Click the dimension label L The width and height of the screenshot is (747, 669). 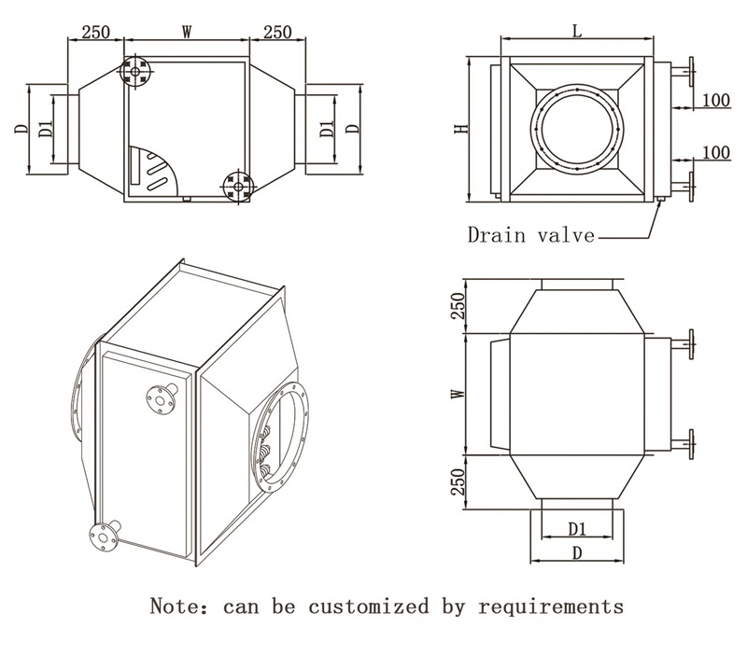tap(577, 30)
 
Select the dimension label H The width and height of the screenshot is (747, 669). tap(459, 129)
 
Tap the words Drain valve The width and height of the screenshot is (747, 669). tap(530, 234)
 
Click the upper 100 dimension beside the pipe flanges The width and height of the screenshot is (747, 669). tap(716, 100)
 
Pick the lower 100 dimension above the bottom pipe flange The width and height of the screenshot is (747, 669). tap(716, 151)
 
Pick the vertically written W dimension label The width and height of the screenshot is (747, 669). tap(458, 394)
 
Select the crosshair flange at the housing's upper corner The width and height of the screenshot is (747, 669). tap(136, 71)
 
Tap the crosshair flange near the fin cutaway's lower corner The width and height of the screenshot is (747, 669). tap(239, 188)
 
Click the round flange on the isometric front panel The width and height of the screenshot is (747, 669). tap(161, 400)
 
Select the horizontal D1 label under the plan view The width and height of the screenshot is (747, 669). tap(577, 529)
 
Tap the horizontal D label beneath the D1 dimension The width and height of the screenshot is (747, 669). tap(577, 552)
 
